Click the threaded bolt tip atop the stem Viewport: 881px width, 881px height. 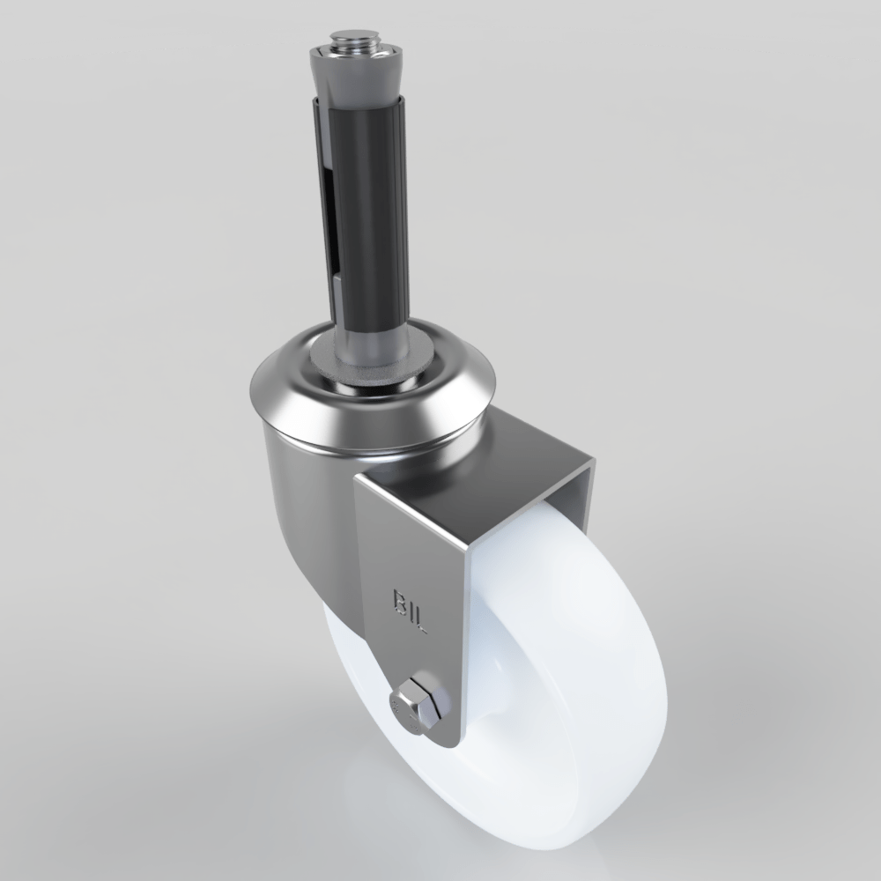pyautogui.click(x=356, y=41)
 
